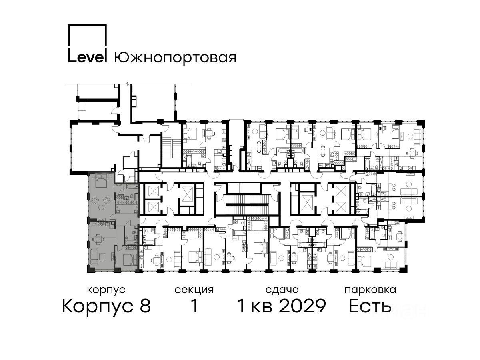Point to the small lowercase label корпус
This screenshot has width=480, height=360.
click(x=106, y=290)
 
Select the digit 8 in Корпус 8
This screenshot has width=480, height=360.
click(x=145, y=306)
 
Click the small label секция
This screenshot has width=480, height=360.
click(x=194, y=290)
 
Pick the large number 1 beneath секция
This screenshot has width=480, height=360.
click(x=194, y=306)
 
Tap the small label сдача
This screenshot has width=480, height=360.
click(x=282, y=290)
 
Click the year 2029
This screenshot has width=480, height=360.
click(x=303, y=306)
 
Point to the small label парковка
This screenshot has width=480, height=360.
click(x=370, y=290)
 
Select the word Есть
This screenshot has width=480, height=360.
click(x=370, y=306)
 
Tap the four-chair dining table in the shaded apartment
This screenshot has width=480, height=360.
click(x=97, y=239)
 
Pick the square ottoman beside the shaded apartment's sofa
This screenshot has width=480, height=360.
click(x=102, y=256)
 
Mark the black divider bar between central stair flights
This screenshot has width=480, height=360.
click(x=247, y=205)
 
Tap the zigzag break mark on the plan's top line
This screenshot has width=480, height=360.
click(x=128, y=84)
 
